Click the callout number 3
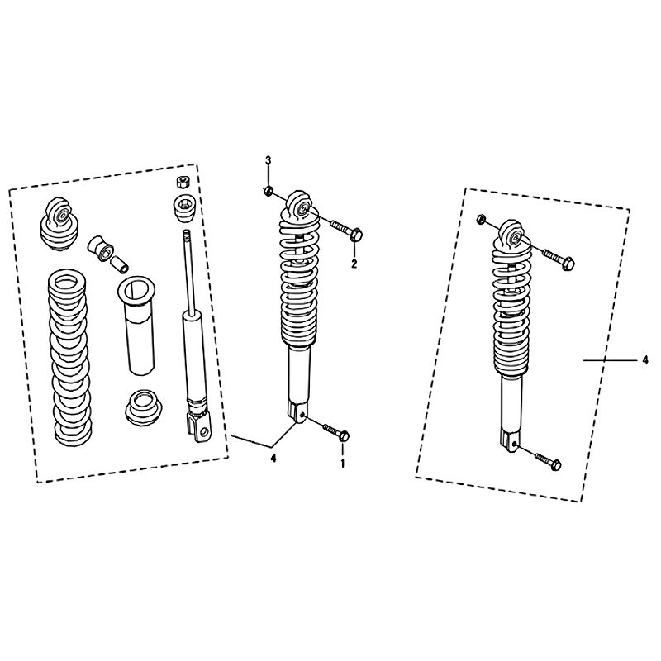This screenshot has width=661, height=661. (268, 160)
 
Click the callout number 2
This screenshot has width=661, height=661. (354, 264)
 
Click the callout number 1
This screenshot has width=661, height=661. (343, 464)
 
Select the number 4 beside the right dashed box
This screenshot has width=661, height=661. (645, 360)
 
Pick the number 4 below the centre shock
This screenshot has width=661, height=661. (273, 458)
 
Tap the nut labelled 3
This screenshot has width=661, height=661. (267, 192)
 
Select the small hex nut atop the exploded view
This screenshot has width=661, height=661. (182, 182)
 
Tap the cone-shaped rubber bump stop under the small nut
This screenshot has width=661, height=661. (184, 208)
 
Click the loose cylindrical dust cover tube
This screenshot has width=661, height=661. (139, 325)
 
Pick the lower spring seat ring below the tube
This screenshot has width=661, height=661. (144, 410)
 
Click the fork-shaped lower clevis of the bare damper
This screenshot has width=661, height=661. (200, 426)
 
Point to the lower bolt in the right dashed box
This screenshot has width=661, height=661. (548, 460)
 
